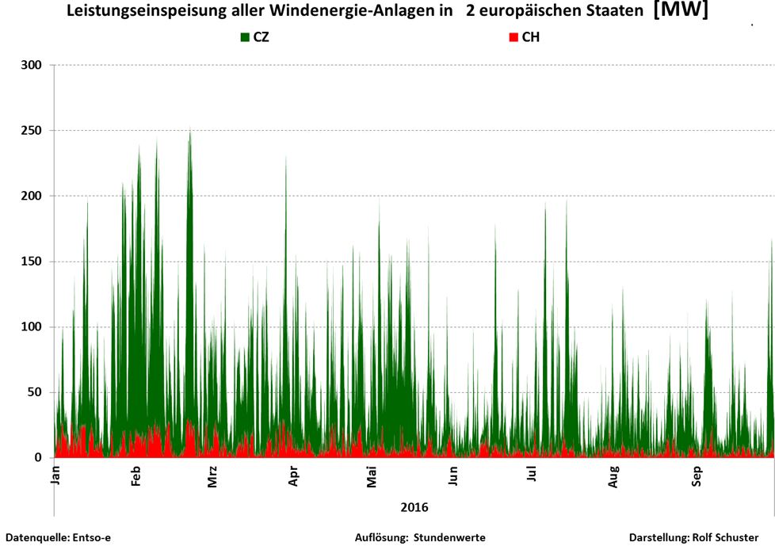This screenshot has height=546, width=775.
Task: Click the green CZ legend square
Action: (x=245, y=37)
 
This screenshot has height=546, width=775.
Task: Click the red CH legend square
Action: (x=513, y=37)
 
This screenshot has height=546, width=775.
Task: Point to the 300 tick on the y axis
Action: (x=35, y=64)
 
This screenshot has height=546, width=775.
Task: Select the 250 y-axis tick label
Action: (x=35, y=130)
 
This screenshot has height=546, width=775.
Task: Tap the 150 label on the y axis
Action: (x=35, y=262)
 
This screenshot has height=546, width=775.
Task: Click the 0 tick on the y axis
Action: (x=40, y=458)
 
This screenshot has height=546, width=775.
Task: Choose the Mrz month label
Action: (x=212, y=479)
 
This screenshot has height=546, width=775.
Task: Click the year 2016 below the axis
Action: (x=414, y=506)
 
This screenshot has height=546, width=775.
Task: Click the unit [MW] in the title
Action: (x=680, y=11)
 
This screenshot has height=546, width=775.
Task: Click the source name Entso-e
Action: (x=90, y=537)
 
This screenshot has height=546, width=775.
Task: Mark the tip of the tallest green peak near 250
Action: (x=189, y=130)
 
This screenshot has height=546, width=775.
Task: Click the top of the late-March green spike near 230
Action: (x=286, y=157)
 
